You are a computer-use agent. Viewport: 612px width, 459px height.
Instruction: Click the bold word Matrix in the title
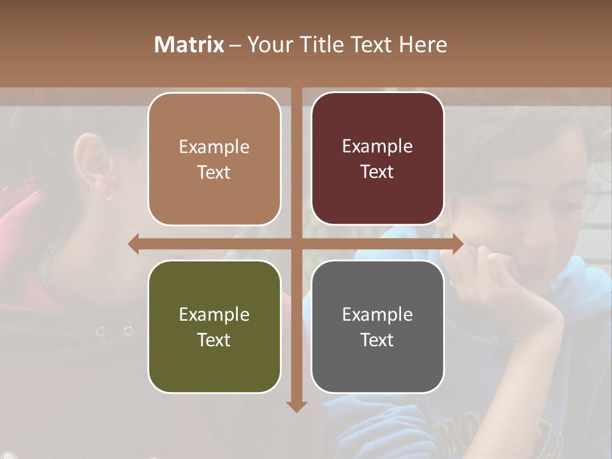189,45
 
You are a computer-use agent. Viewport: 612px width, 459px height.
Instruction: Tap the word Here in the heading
423,45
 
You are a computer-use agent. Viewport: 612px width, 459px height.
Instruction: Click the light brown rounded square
214,159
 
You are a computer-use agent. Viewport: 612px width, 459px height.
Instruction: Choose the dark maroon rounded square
377,159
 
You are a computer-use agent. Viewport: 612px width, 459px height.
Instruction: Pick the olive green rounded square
214,326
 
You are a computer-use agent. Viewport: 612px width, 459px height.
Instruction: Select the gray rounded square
377,326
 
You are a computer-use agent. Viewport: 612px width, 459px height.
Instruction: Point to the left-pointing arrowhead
133,244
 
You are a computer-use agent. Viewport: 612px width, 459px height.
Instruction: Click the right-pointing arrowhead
458,244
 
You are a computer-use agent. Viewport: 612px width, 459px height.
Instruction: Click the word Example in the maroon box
377,146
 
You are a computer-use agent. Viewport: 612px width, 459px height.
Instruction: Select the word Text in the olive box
214,340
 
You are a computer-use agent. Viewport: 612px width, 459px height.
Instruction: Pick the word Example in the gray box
377,314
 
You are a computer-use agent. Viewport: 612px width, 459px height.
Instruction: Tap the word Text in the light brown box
214,172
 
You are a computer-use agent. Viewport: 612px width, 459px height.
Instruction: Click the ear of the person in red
89,159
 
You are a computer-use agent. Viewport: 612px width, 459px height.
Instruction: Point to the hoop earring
109,194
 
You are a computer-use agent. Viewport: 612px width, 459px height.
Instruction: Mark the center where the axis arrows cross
296,244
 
